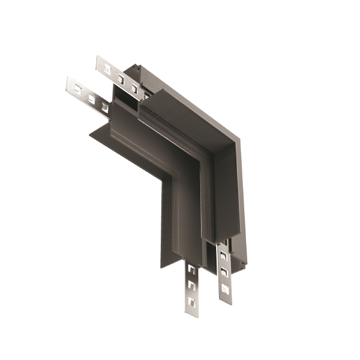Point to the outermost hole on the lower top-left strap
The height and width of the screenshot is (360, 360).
coord(77,88)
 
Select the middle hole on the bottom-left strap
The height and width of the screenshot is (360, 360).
coord(191,286)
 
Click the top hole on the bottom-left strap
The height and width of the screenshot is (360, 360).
coord(191,272)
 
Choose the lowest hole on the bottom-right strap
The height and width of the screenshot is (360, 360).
coord(224,289)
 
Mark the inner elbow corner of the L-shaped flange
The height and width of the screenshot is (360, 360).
coord(172,180)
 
